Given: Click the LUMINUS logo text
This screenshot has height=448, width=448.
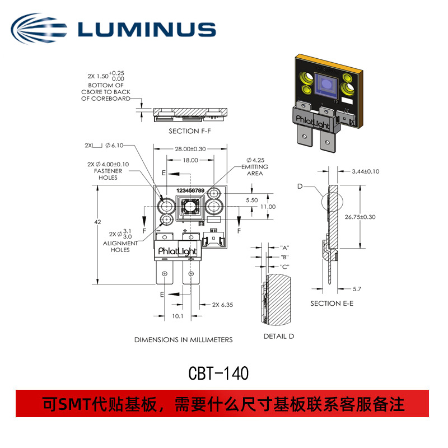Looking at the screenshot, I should point(147,29).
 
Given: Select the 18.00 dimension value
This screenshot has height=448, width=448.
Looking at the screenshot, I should point(190,160).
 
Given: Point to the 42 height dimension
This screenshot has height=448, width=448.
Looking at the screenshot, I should point(98,222).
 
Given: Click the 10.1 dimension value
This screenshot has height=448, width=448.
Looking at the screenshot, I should point(178,316).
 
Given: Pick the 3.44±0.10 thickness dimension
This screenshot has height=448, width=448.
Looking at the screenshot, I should point(366,171).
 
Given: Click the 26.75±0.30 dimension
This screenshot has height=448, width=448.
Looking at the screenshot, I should point(375,217).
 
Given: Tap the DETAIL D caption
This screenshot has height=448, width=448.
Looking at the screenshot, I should point(278,336).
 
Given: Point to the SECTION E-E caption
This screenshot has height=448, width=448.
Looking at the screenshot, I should point(332,303).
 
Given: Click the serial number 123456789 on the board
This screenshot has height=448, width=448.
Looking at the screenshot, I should point(190,191).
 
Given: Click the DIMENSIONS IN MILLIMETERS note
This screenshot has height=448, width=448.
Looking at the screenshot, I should point(183,339).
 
